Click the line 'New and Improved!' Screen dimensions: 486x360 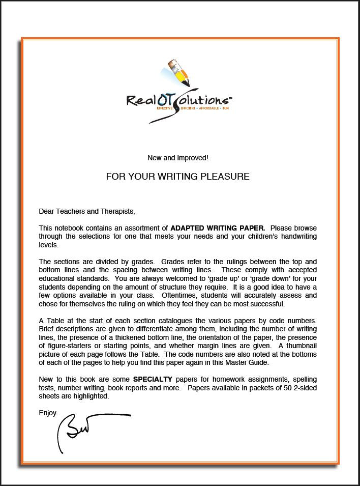click(x=177, y=158)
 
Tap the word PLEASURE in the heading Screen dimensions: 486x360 click(x=224, y=177)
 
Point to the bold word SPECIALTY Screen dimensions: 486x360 click(x=153, y=380)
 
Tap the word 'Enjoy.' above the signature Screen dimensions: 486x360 click(x=48, y=413)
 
